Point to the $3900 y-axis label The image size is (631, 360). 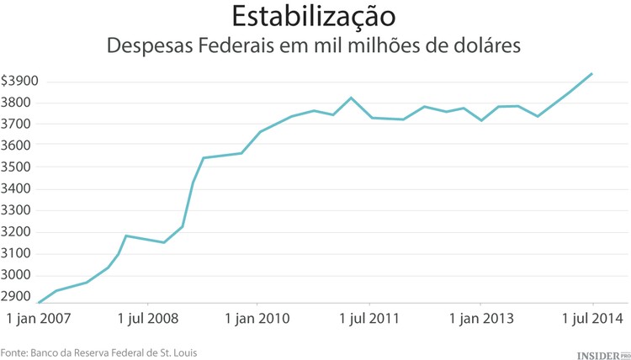tap(19, 82)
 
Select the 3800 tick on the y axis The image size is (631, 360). tap(18, 103)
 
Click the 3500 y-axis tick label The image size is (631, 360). tap(18, 167)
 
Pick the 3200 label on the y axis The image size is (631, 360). tap(18, 232)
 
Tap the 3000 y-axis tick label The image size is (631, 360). tap(18, 275)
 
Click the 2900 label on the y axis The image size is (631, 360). tap(18, 297)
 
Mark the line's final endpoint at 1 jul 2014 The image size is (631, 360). tap(592, 73)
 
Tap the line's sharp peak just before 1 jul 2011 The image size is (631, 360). tap(352, 98)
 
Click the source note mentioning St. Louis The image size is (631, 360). tap(99, 352)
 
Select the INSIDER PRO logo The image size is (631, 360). tap(602, 354)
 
